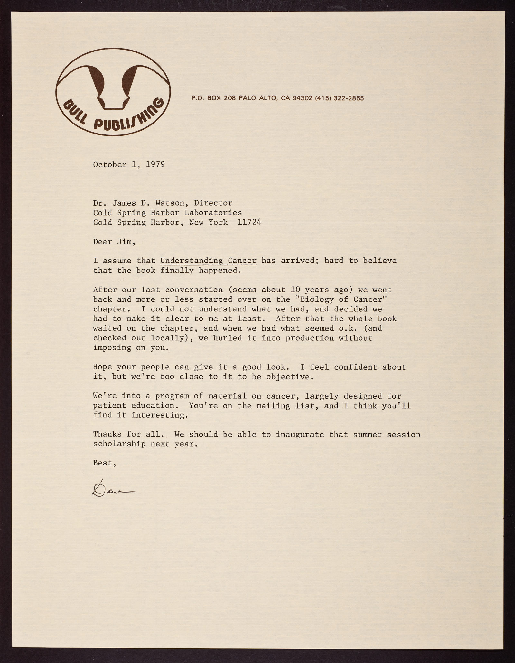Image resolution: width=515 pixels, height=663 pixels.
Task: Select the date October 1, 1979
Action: (x=129, y=165)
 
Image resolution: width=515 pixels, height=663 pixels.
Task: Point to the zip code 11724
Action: (x=249, y=222)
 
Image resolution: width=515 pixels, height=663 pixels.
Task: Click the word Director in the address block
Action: (x=213, y=203)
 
